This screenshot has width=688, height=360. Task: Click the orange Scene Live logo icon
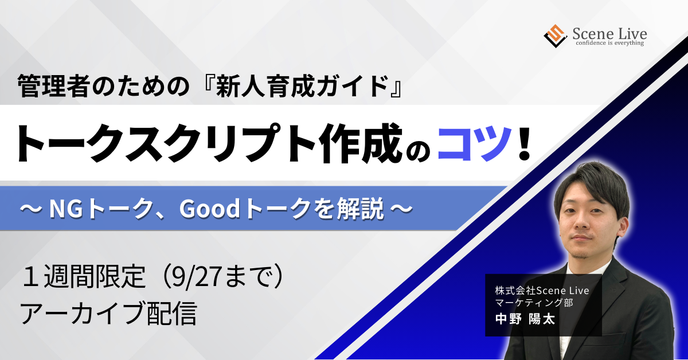click(556, 36)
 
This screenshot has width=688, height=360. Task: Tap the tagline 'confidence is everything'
click(609, 43)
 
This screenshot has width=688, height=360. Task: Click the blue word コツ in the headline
click(475, 143)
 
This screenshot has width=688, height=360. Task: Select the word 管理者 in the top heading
click(54, 87)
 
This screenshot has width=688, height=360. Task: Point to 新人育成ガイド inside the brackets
click(302, 87)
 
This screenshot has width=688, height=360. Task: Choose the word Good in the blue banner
click(209, 209)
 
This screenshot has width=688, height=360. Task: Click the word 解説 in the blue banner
click(360, 209)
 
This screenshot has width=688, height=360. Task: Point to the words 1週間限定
click(84, 276)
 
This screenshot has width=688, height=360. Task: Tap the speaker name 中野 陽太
click(525, 319)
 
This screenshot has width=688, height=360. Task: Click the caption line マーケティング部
click(534, 303)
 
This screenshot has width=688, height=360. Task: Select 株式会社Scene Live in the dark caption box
click(542, 291)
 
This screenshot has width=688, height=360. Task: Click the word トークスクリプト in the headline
click(166, 143)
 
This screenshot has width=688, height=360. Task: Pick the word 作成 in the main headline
click(361, 143)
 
